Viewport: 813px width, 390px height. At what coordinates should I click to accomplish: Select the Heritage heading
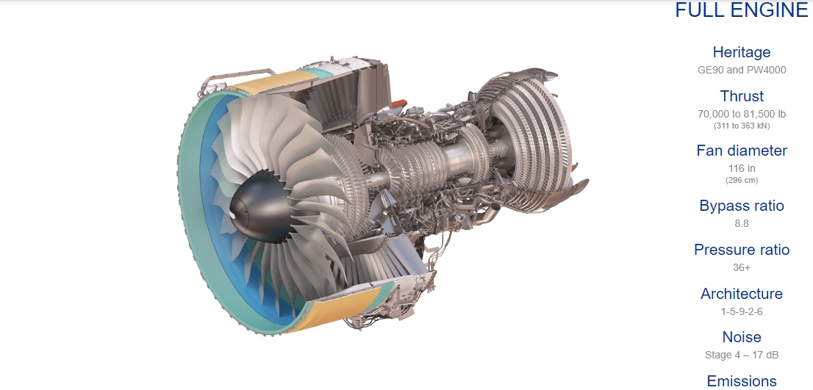click(742, 52)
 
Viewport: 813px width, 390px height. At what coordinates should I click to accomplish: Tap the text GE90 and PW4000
click(742, 69)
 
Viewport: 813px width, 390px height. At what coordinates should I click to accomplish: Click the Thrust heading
click(742, 95)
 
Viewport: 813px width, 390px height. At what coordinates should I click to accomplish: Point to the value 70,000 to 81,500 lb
click(742, 114)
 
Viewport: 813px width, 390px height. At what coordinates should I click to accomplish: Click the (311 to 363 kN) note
click(742, 126)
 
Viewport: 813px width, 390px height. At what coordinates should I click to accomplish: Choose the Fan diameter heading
click(742, 151)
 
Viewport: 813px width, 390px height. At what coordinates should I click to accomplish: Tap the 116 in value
click(742, 168)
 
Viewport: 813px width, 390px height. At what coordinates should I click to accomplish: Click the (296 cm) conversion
click(742, 180)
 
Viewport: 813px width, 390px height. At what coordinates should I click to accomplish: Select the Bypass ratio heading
click(742, 206)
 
